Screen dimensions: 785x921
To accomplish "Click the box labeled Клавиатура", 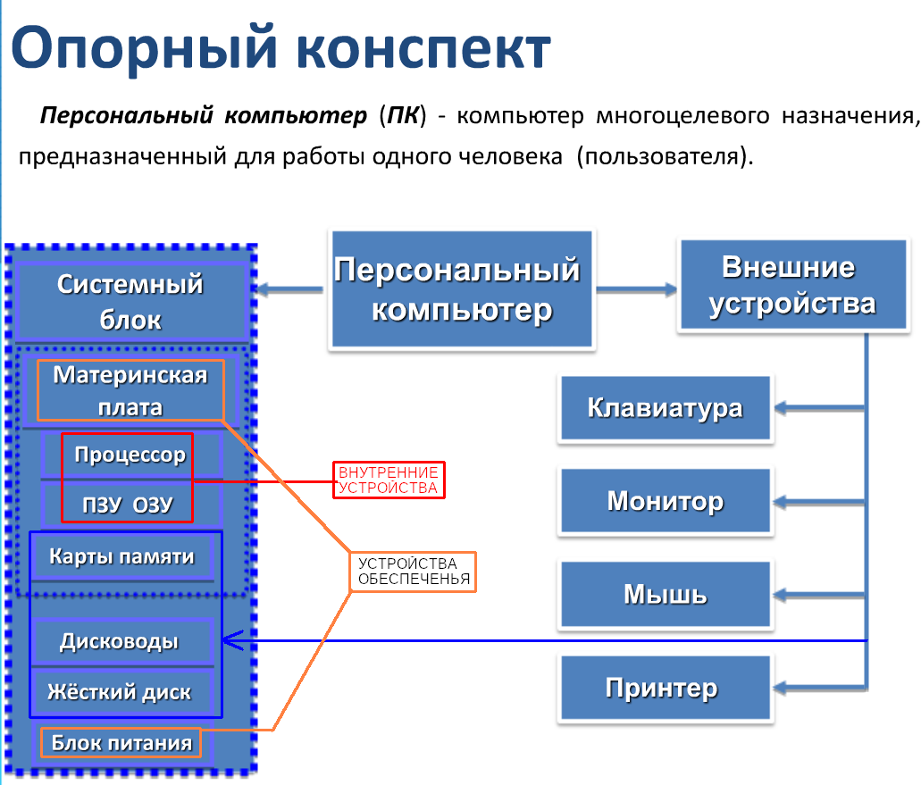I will [x=665, y=408].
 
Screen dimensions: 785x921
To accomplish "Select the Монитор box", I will [x=665, y=501].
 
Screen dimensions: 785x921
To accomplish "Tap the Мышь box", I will [x=665, y=594].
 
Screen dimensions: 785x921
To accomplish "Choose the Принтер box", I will [x=665, y=688].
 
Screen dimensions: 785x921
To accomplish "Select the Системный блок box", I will [x=130, y=301].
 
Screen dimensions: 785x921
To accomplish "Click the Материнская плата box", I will [x=130, y=390].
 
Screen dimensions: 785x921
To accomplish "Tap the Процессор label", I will [x=130, y=455].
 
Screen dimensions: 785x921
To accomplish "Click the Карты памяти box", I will [x=121, y=557].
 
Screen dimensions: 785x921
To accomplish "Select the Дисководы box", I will [x=120, y=641].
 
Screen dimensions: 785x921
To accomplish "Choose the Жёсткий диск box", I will [x=120, y=691].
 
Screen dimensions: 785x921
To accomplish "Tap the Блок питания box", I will [x=121, y=743].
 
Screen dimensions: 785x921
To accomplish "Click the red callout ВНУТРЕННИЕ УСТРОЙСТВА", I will [x=389, y=480].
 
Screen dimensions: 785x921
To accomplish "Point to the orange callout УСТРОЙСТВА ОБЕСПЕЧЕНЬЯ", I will [x=412, y=572].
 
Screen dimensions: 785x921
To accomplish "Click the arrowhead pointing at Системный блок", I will [x=260, y=289].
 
